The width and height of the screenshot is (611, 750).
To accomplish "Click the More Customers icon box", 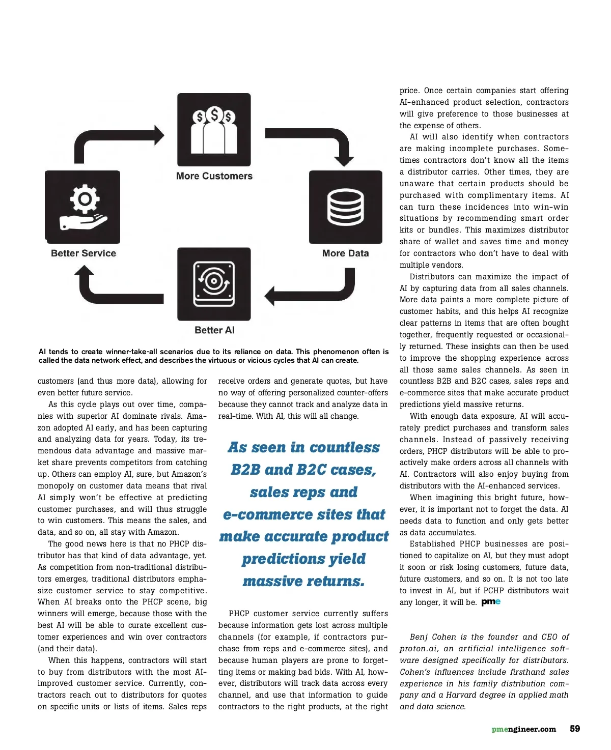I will pos(214,130).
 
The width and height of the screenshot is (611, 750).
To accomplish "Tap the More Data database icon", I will pos(346,207).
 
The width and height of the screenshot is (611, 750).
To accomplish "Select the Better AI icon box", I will pos(214,284).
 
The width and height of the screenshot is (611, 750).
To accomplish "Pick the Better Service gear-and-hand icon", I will pos(83,207).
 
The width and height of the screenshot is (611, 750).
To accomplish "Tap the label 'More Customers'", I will pos(214,176).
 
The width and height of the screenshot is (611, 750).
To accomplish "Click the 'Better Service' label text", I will pos(84,253).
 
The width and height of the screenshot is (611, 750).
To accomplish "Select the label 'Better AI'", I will pos(214,330).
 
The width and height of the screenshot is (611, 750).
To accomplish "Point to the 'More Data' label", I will pos(345,253).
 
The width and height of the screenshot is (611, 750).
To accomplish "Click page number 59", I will pos(575,729).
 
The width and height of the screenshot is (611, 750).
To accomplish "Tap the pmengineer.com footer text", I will pos(523,729).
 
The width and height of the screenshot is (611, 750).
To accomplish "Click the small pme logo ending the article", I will pos(491,602).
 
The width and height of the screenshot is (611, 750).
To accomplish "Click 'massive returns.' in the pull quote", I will pos(303,581).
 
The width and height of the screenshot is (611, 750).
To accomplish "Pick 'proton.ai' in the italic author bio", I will pos(419,649).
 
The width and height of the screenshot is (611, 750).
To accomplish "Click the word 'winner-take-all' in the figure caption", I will pos(132,352).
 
